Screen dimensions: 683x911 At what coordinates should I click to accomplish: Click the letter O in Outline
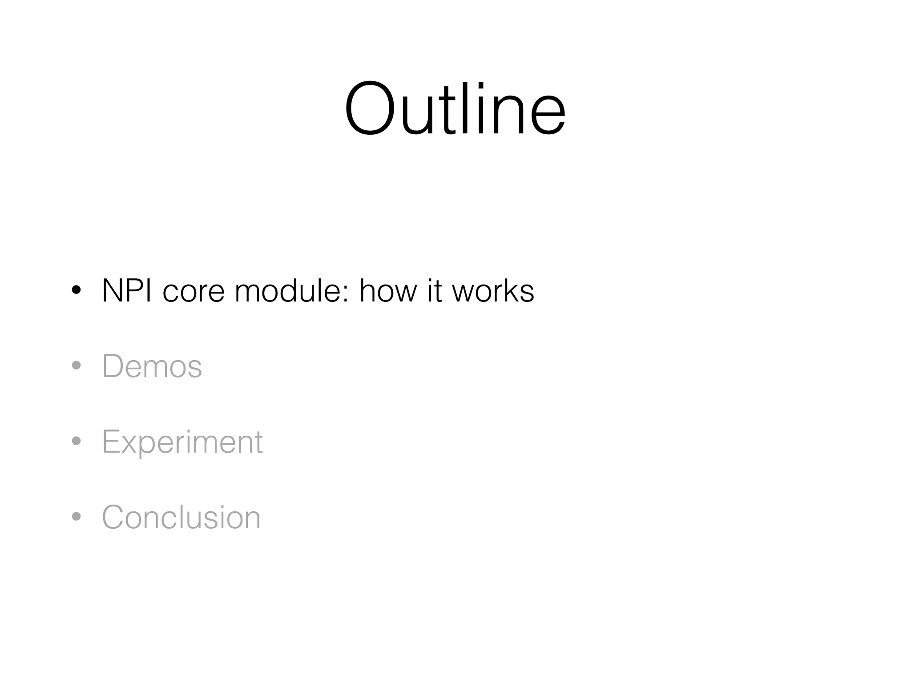(370, 109)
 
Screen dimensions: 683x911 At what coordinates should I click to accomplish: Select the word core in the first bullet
(193, 292)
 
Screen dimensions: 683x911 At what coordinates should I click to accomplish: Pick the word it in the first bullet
(435, 291)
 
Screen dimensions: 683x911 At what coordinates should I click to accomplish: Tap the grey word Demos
(152, 366)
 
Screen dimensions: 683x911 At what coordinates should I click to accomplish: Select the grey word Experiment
(182, 443)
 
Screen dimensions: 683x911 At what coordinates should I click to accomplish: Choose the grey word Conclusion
(181, 518)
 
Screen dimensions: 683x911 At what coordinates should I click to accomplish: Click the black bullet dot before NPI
(77, 290)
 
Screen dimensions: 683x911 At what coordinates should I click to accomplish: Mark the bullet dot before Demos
(77, 366)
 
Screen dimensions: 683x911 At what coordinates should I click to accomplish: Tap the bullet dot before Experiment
(77, 441)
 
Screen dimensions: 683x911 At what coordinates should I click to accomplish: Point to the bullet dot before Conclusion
(77, 517)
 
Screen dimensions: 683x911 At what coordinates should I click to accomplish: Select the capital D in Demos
(113, 366)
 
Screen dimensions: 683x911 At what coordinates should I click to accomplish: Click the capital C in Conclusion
(114, 518)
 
